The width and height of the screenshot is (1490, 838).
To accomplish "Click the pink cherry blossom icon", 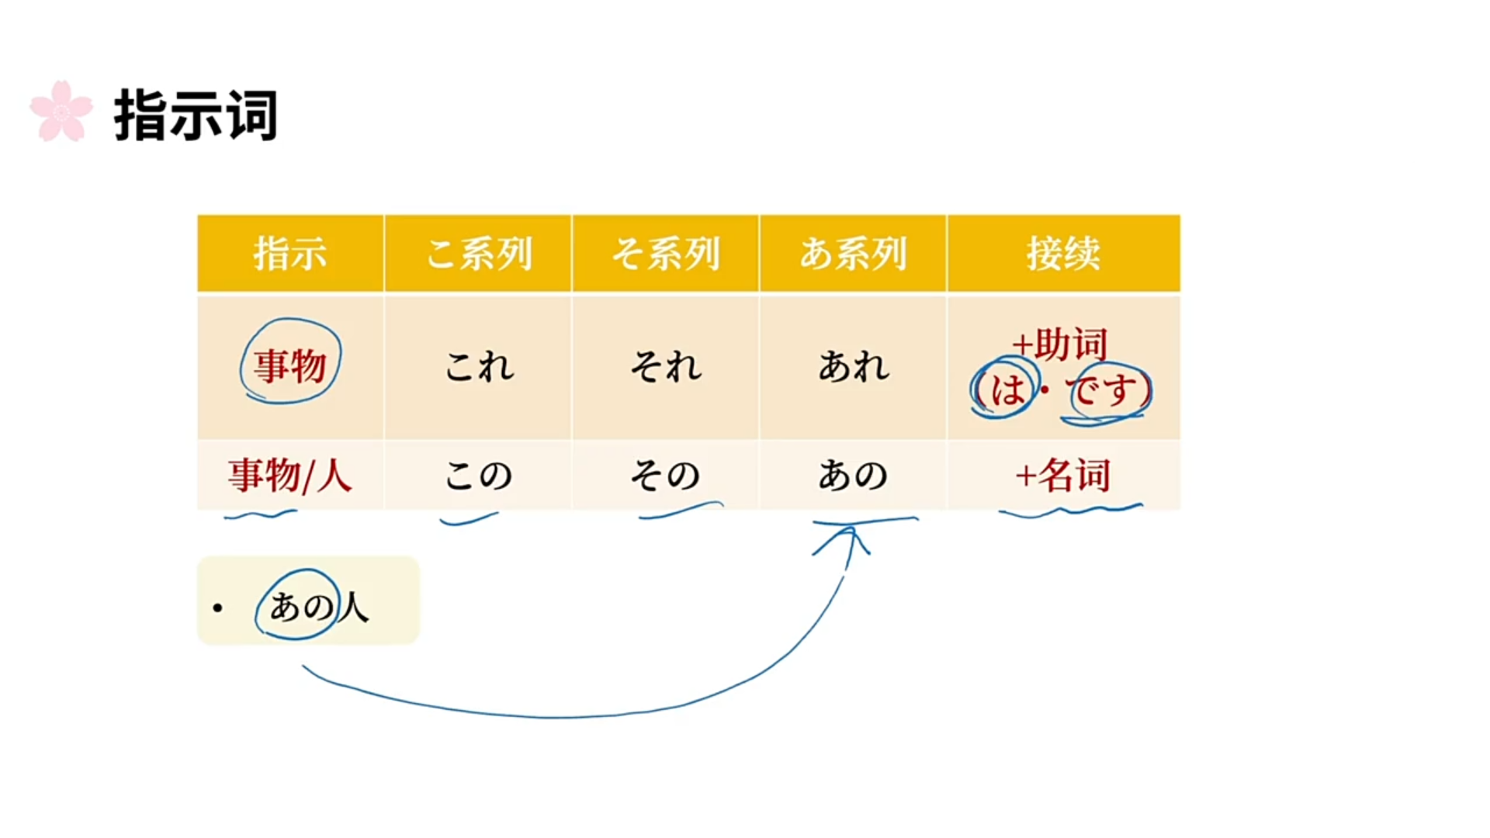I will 61,112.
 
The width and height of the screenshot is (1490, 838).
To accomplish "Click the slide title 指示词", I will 196,116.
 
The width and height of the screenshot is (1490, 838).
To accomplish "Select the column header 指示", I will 290,254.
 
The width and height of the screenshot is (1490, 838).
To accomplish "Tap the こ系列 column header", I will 479,254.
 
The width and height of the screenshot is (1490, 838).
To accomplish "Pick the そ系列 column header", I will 666,254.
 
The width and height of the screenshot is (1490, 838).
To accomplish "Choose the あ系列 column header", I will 853,254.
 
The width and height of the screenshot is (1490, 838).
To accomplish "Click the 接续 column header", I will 1063,254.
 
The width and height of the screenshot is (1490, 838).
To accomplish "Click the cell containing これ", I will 479,366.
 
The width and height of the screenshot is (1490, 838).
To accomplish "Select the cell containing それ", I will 666,366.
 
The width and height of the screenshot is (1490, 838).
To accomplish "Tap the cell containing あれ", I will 853,366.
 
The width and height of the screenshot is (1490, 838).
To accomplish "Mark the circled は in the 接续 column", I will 1007,389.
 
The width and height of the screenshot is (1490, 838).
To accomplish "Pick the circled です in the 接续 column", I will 1107,390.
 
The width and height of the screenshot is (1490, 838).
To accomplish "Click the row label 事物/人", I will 290,475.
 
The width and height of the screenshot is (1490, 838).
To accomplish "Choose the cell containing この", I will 479,475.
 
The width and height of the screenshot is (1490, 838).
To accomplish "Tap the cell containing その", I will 666,475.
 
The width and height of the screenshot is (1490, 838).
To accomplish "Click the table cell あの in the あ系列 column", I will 853,475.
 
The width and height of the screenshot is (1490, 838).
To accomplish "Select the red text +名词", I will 1063,475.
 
